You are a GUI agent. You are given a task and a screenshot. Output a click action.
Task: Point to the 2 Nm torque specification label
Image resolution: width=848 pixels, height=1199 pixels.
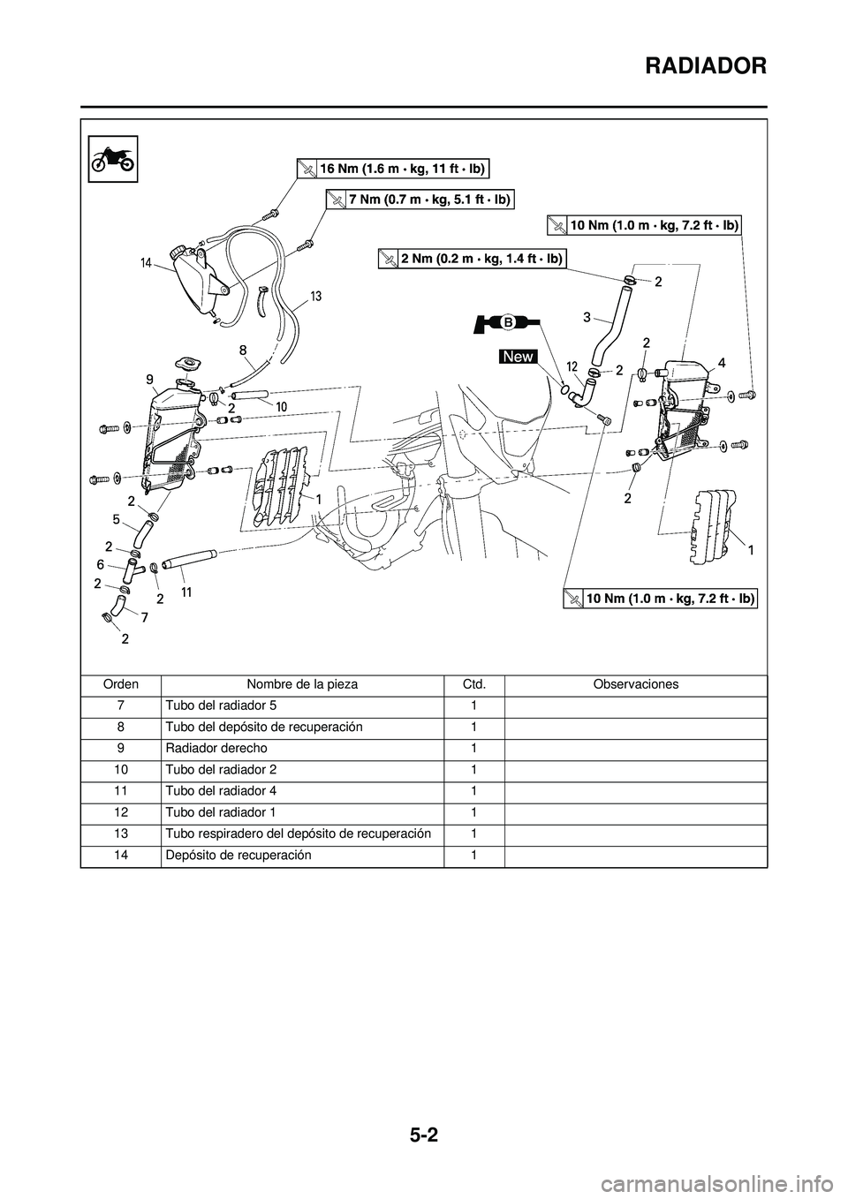pyautogui.click(x=470, y=258)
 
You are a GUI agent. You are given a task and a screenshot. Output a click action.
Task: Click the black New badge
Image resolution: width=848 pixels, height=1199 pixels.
pyautogui.click(x=518, y=356)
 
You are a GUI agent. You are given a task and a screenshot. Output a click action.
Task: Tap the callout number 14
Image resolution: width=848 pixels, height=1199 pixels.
pyautogui.click(x=148, y=262)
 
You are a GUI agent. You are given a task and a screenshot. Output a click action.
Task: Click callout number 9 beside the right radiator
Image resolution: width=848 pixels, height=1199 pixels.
pyautogui.click(x=151, y=378)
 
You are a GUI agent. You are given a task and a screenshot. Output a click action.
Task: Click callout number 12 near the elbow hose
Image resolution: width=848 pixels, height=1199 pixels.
pyautogui.click(x=572, y=366)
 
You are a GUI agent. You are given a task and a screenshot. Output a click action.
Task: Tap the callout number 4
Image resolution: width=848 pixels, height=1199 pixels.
pyautogui.click(x=722, y=362)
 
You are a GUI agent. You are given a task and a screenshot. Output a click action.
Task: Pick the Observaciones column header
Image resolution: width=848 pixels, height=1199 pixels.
pyautogui.click(x=635, y=684)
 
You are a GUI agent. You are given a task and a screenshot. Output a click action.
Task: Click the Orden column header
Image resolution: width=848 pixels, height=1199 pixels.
pyautogui.click(x=120, y=684)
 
